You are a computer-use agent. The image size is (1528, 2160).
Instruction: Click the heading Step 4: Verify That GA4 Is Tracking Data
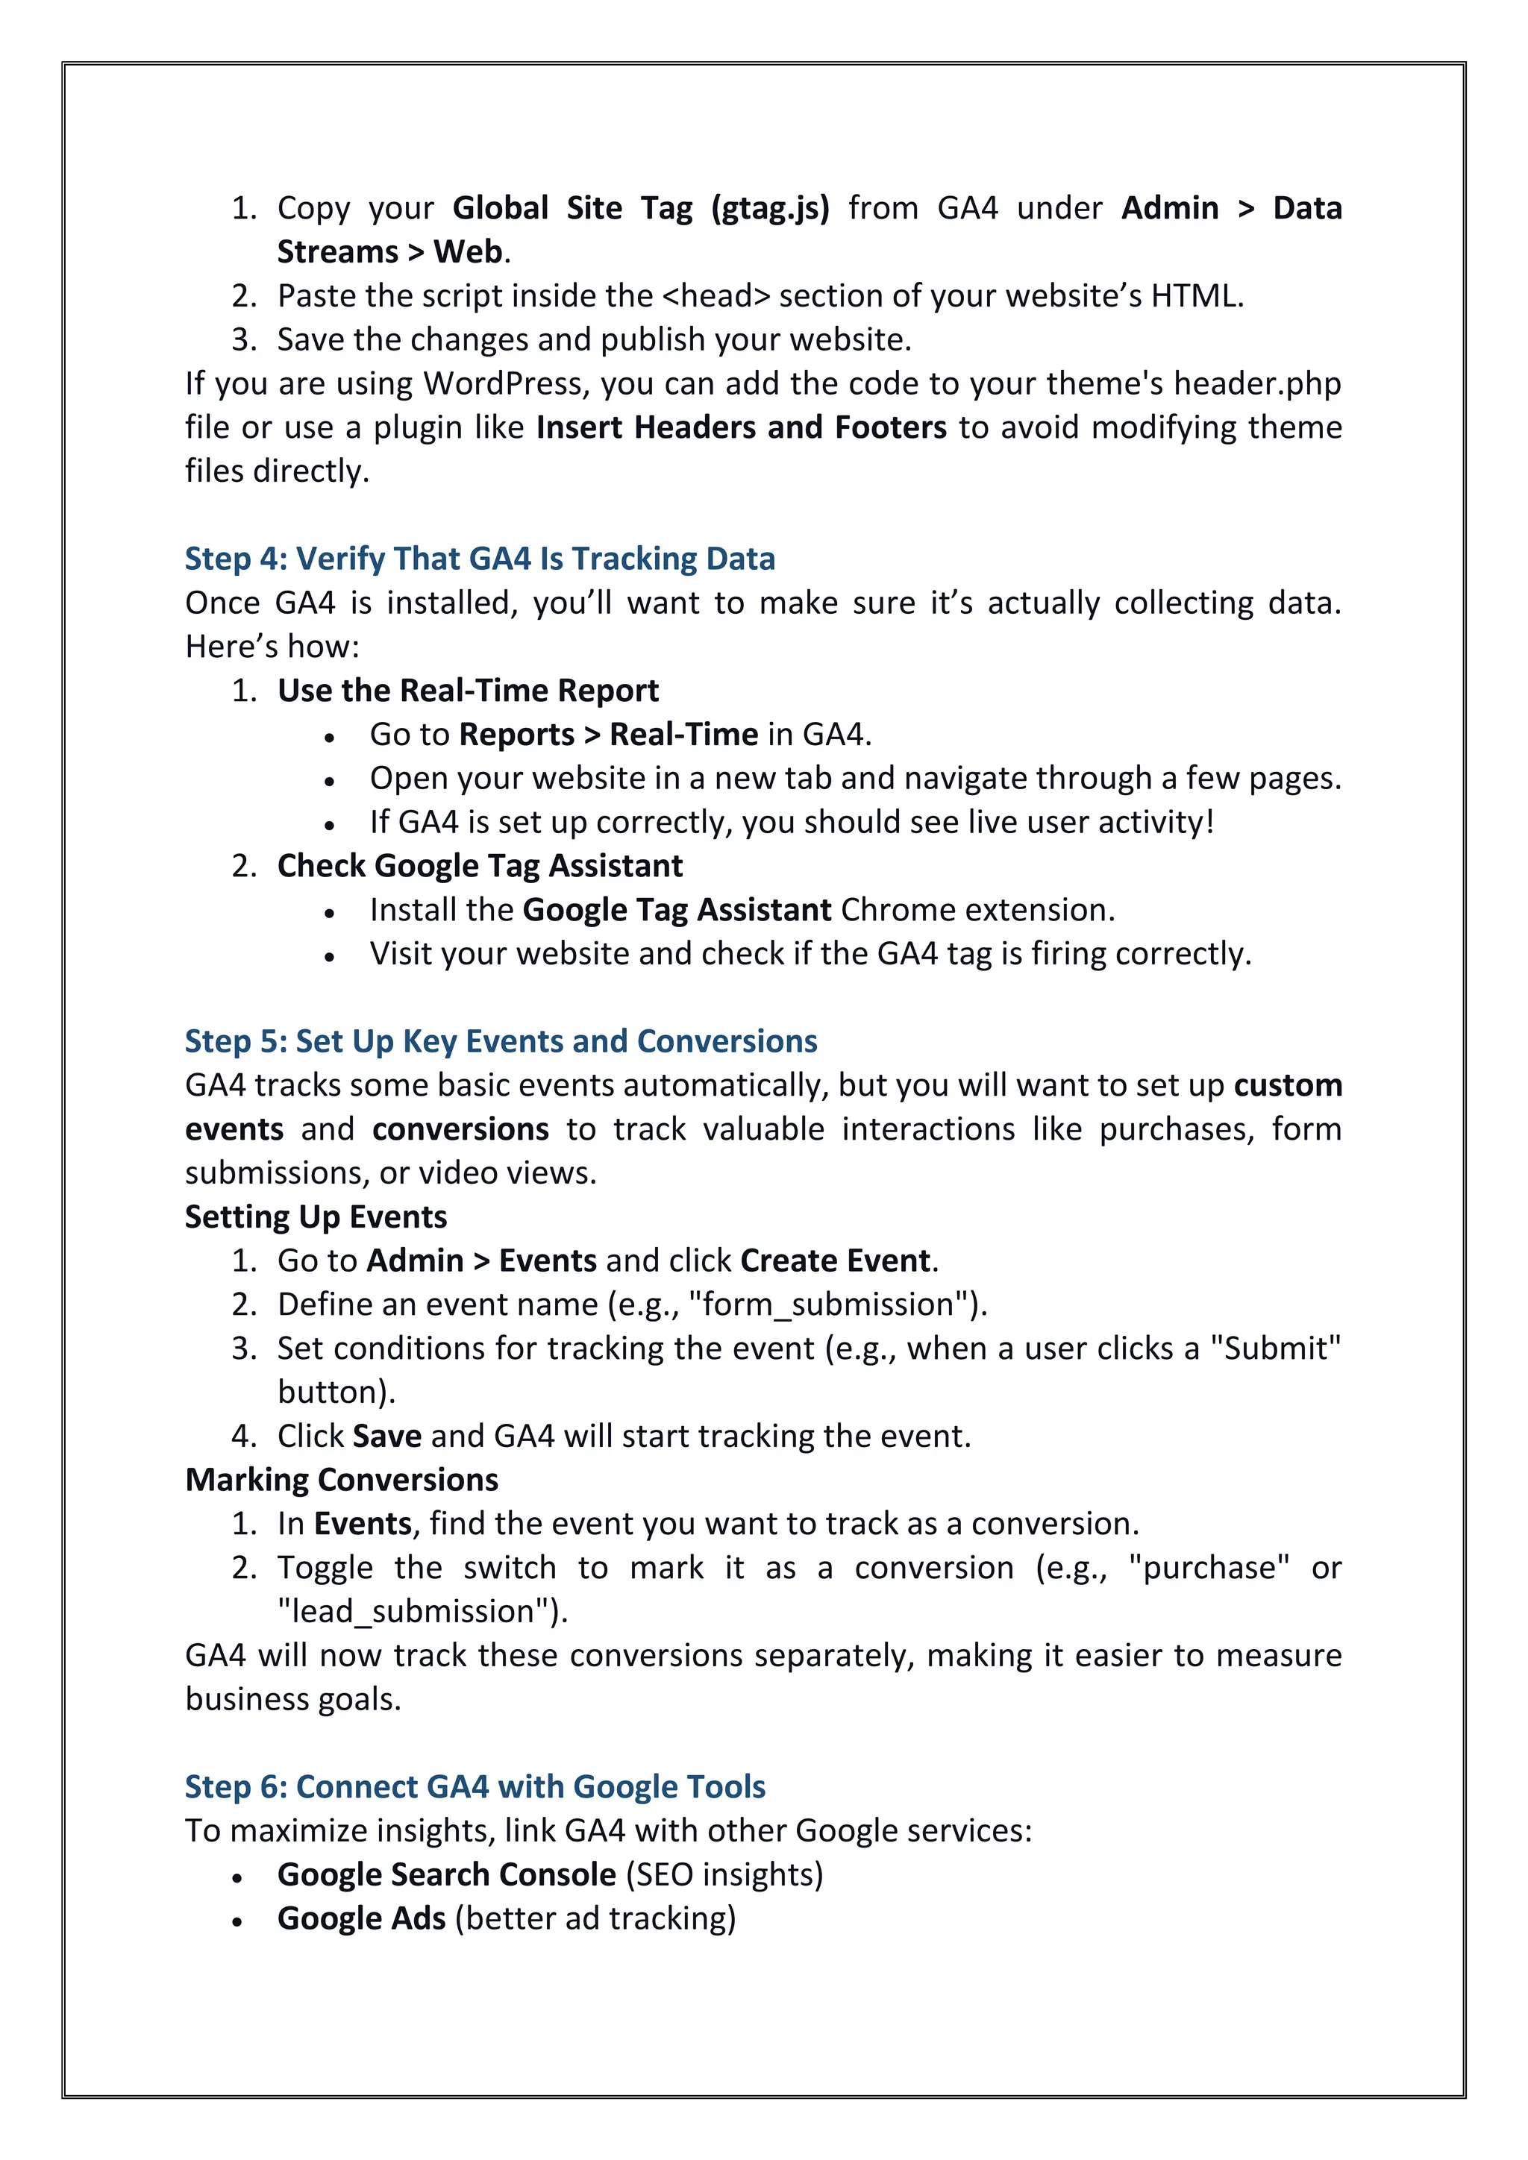[480, 559]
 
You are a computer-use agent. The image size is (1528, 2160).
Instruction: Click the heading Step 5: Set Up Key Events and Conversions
[501, 1041]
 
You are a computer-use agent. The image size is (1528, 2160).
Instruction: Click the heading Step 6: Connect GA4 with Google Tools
[475, 1786]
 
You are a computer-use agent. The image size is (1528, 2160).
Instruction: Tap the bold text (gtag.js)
[771, 208]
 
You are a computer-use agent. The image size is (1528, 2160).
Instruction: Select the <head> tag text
[716, 296]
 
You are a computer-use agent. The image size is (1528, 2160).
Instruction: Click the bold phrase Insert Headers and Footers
[742, 428]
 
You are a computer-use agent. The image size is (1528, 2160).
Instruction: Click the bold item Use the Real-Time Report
[468, 691]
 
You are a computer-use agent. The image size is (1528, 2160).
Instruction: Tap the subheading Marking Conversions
[342, 1480]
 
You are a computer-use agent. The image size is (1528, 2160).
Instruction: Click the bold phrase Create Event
[836, 1260]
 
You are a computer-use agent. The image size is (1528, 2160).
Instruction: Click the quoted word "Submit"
[1276, 1348]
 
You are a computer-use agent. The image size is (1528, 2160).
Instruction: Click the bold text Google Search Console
[447, 1875]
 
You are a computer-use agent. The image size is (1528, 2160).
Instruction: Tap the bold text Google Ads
[361, 1918]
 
